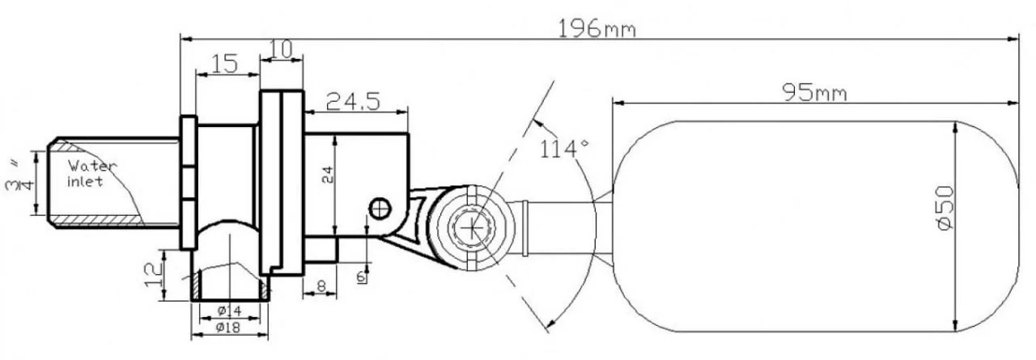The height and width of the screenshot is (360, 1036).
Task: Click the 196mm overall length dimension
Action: (x=597, y=29)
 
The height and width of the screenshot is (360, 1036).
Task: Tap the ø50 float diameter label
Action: (x=945, y=208)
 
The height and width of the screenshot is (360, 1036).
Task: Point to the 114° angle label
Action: (x=564, y=149)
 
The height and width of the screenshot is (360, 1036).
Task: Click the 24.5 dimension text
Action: (x=353, y=101)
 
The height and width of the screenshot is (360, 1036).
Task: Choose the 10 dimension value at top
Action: (x=280, y=49)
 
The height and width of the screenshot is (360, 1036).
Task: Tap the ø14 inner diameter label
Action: (x=229, y=311)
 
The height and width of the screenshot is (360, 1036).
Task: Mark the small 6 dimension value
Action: (x=361, y=277)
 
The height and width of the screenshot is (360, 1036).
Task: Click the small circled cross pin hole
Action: (x=379, y=208)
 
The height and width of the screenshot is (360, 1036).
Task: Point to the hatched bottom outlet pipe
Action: (x=231, y=283)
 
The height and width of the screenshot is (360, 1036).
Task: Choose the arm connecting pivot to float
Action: (x=558, y=227)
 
